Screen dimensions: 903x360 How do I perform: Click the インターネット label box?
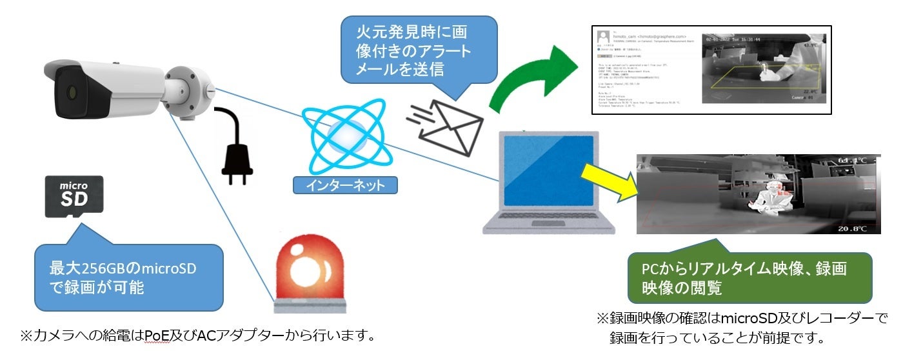pyautogui.click(x=345, y=186)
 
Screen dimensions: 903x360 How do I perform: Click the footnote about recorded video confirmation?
pyautogui.click(x=742, y=328)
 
